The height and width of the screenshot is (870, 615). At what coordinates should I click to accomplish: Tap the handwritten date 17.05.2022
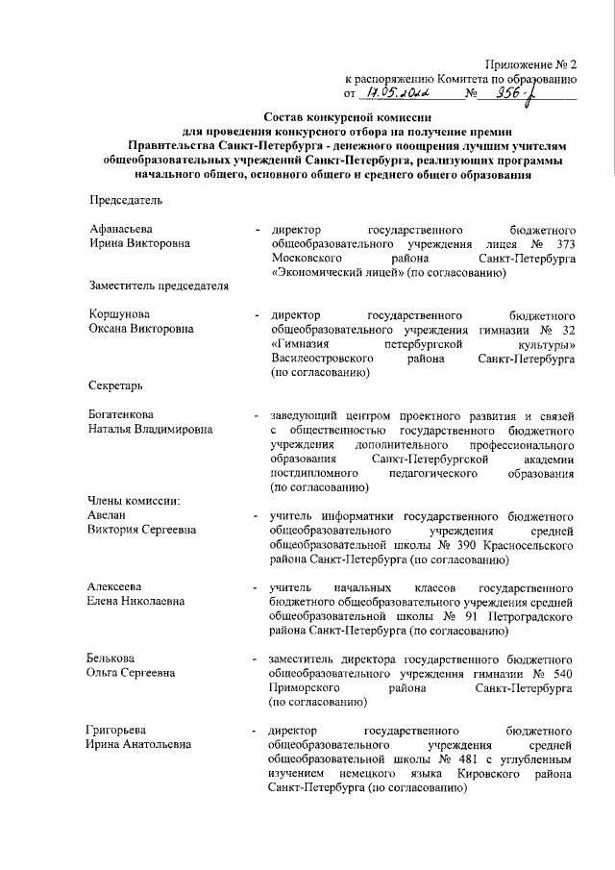(397, 93)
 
